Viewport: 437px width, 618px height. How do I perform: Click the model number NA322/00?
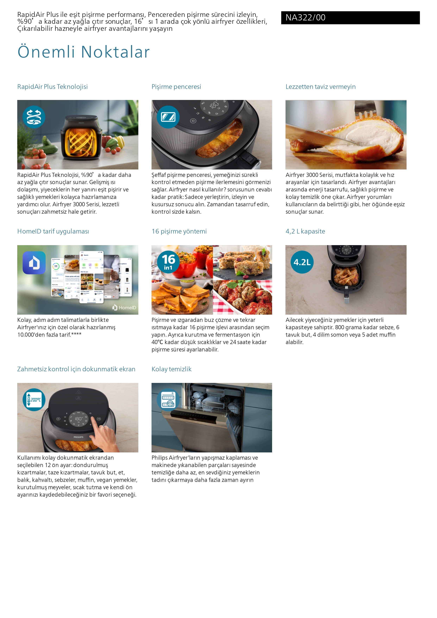tap(305, 17)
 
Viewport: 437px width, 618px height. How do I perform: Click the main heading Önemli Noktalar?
tap(83, 52)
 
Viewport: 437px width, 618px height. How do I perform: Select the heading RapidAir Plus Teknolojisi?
tap(52, 87)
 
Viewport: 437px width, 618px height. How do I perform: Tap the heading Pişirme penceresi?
tap(176, 87)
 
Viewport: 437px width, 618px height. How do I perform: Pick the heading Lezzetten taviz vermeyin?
tap(320, 87)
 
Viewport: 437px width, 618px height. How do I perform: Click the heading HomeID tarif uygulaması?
tap(53, 231)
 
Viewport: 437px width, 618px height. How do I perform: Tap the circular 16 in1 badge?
tap(168, 262)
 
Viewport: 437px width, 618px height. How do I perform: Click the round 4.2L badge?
tap(302, 262)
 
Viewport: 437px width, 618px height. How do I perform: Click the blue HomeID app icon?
tap(34, 263)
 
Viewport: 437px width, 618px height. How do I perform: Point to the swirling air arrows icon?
tap(34, 117)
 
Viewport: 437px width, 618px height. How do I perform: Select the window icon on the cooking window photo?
tap(168, 117)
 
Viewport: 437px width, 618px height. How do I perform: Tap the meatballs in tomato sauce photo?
tap(243, 297)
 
